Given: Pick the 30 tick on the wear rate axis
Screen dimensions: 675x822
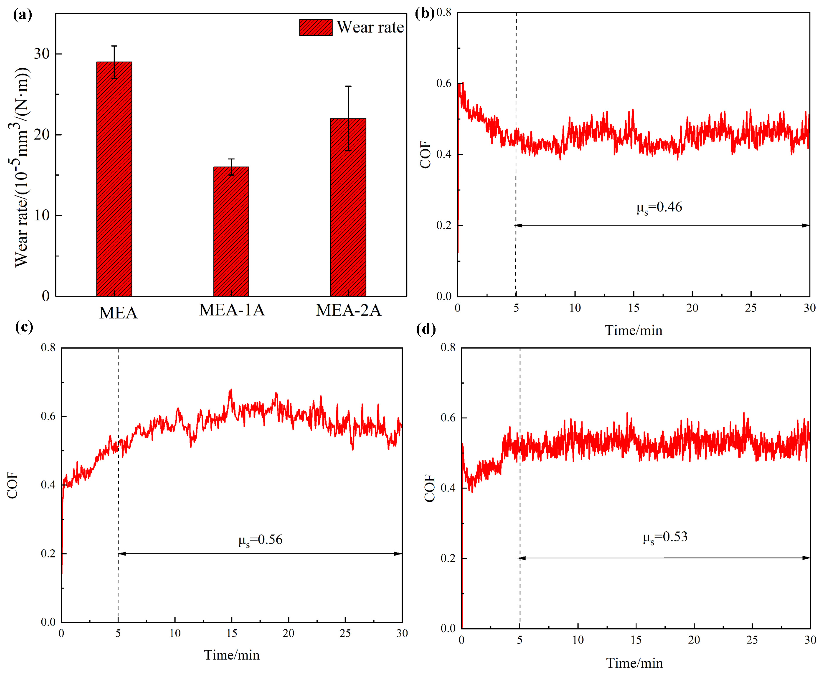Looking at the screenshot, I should click(42, 54).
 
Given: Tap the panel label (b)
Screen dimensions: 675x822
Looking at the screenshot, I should click(425, 14).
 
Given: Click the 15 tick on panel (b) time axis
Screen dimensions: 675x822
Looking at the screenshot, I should click(633, 308).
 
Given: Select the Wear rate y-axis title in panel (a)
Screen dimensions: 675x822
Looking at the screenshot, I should click(23, 167).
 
